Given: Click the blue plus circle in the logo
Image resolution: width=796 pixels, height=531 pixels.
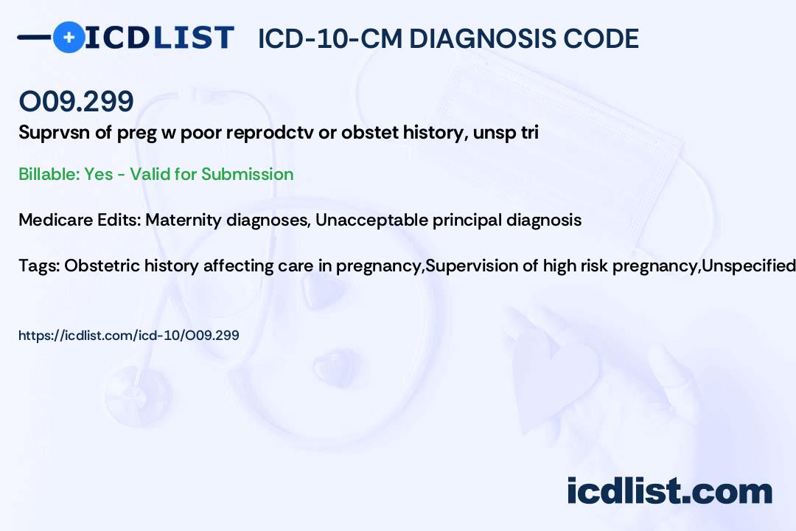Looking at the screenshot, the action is (x=69, y=38).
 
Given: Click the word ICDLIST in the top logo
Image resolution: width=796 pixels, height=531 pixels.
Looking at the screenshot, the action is (x=159, y=38).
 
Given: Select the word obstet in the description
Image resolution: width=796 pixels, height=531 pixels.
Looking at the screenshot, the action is (x=369, y=132).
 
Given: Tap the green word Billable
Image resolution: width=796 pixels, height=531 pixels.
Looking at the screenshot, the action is (x=49, y=174).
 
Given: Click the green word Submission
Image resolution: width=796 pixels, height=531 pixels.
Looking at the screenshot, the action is (x=247, y=174).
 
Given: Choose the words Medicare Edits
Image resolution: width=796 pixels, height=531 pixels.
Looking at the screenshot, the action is (x=80, y=220).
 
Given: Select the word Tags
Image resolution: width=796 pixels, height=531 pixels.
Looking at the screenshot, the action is (x=38, y=266).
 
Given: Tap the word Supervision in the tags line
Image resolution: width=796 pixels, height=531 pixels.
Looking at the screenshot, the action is (x=475, y=266).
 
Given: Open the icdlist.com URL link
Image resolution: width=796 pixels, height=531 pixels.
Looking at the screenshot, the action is (x=129, y=336).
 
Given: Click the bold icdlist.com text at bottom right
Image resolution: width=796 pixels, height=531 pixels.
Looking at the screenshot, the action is (x=669, y=490).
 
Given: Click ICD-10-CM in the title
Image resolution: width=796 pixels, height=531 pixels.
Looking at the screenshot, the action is (x=330, y=38).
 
